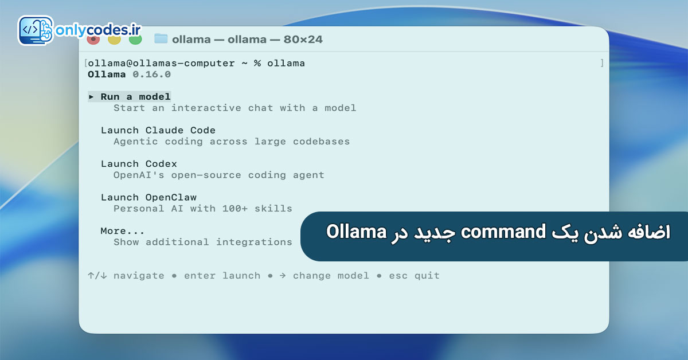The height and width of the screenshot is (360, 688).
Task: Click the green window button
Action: click(135, 40)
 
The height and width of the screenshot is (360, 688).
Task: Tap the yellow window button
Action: click(114, 40)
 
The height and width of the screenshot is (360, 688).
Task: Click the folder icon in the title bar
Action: click(161, 39)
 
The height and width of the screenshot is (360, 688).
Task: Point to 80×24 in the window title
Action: click(303, 40)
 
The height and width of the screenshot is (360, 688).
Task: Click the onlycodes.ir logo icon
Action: click(36, 30)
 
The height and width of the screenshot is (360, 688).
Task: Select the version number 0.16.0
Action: click(151, 75)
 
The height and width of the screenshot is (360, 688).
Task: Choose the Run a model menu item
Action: click(135, 97)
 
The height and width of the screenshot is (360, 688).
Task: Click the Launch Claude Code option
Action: click(158, 130)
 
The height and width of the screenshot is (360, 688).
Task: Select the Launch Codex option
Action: click(139, 164)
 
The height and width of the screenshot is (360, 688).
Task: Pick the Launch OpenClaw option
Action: click(148, 197)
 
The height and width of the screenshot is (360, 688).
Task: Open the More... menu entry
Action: click(122, 230)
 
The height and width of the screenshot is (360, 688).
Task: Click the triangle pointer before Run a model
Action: click(91, 97)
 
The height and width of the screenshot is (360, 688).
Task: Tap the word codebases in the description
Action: click(321, 141)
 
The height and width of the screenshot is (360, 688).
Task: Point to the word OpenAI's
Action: click(139, 175)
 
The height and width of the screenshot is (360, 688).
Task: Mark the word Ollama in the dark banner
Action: click(356, 232)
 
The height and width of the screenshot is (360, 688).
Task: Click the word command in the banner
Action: click(503, 232)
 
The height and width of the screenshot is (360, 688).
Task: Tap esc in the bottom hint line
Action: click(398, 276)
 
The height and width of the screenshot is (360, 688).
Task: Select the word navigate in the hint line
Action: click(139, 276)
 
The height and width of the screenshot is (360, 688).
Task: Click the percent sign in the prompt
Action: click(257, 63)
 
